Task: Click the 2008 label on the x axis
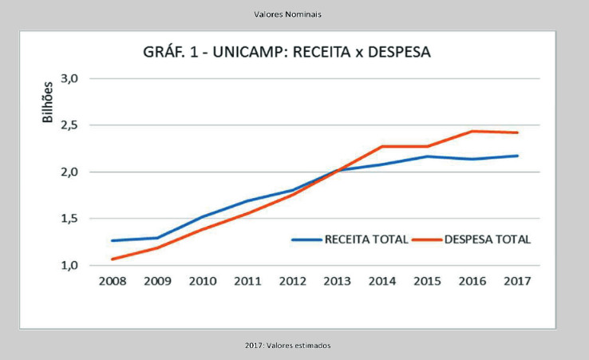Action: click(x=113, y=281)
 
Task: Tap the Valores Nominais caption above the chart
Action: click(x=288, y=14)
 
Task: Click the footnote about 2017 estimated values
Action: click(x=287, y=345)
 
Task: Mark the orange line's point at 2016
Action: click(x=472, y=131)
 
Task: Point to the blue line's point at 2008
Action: click(x=113, y=240)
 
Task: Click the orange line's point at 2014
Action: click(x=382, y=146)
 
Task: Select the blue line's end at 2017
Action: click(x=518, y=156)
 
